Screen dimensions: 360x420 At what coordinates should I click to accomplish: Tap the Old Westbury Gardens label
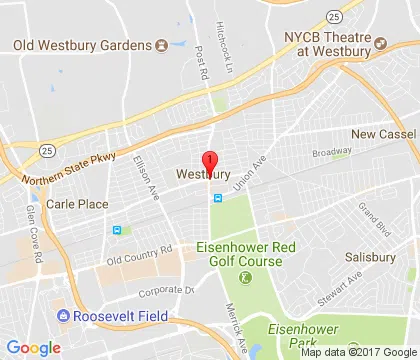[83, 45]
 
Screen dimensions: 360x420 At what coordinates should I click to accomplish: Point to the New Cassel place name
[381, 135]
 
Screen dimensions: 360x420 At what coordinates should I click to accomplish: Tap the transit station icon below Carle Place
[118, 230]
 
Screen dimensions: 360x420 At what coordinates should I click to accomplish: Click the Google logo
[33, 347]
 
